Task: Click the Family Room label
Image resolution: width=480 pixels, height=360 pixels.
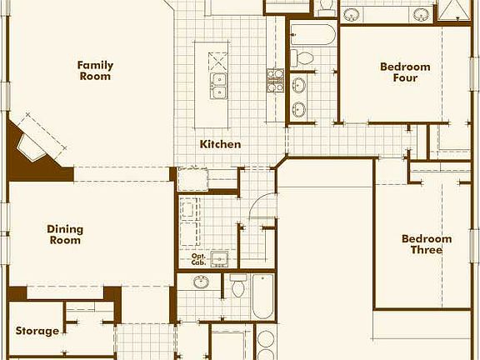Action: (95, 71)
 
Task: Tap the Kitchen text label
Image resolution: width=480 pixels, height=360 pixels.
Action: (220, 144)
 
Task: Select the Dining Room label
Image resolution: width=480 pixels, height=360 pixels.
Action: (64, 234)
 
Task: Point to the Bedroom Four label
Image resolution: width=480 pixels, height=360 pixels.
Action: (405, 72)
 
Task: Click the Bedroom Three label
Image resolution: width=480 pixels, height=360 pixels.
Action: (427, 244)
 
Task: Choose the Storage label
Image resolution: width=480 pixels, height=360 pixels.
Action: (37, 331)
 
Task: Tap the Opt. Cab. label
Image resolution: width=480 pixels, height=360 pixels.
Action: (198, 259)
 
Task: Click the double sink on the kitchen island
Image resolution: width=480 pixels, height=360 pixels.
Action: (219, 83)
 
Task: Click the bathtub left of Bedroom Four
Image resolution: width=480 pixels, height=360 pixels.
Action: (313, 34)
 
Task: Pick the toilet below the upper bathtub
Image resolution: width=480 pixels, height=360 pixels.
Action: (304, 57)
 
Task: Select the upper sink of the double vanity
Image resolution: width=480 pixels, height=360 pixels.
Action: (298, 85)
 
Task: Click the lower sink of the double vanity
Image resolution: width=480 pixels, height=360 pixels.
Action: (298, 108)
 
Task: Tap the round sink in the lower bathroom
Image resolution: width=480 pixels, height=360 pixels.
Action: (202, 282)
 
